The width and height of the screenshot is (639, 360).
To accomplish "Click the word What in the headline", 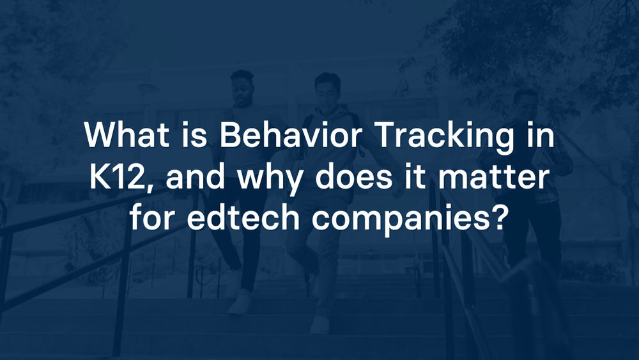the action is coord(127,134).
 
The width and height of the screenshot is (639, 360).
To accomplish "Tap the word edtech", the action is coord(243,217).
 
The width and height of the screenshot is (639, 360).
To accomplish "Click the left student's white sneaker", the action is coord(240,302).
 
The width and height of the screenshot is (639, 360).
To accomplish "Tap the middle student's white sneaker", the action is coord(320,325).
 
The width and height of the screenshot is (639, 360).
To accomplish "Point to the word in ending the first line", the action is coord(541,134).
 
